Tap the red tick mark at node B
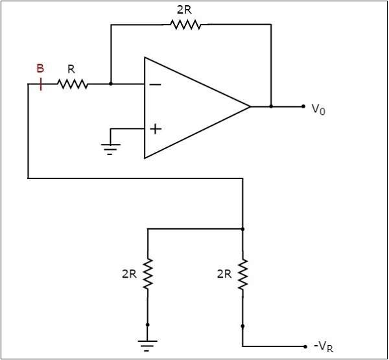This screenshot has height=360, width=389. [x=41, y=84]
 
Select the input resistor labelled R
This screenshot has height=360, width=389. [x=72, y=84]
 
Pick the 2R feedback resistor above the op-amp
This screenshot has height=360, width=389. [x=185, y=25]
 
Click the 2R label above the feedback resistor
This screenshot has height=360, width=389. [x=184, y=10]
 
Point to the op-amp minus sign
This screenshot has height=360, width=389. [x=156, y=84]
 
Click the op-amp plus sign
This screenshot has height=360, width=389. [x=156, y=128]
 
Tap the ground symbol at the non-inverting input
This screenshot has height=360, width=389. [x=112, y=149]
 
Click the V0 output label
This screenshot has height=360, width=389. [x=317, y=109]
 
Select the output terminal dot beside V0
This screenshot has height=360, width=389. [x=303, y=106]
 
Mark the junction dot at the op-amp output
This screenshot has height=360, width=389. [x=271, y=106]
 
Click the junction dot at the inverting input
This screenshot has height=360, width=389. [x=111, y=84]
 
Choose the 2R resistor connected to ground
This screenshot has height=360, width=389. [x=148, y=274]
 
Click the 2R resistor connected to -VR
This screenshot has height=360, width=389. [x=242, y=274]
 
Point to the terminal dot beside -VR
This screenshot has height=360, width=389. [x=303, y=346]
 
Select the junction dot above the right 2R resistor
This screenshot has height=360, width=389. [x=242, y=228]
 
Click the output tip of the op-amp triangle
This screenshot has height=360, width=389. [x=250, y=106]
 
